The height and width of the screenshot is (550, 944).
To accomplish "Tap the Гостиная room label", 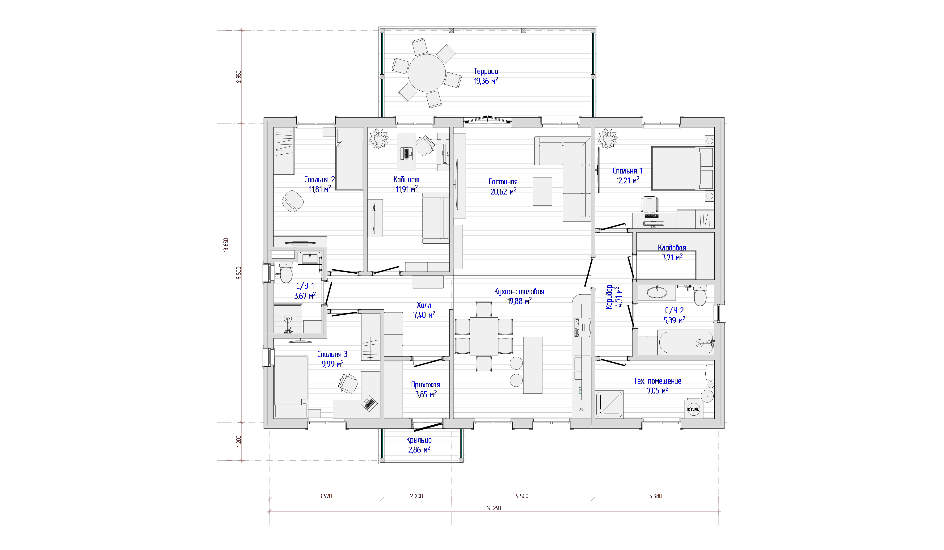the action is click(503, 182).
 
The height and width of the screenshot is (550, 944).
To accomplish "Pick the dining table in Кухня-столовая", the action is click(484, 336).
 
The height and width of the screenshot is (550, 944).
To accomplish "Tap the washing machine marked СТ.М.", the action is click(693, 409).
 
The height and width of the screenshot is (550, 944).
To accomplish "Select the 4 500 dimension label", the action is click(522, 496).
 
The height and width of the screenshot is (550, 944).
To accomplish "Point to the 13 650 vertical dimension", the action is click(226, 245).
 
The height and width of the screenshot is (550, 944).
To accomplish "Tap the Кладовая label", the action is click(672, 248).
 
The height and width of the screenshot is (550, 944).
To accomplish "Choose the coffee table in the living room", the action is click(542, 191).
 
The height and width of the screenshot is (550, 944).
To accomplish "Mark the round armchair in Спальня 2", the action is click(293, 201).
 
